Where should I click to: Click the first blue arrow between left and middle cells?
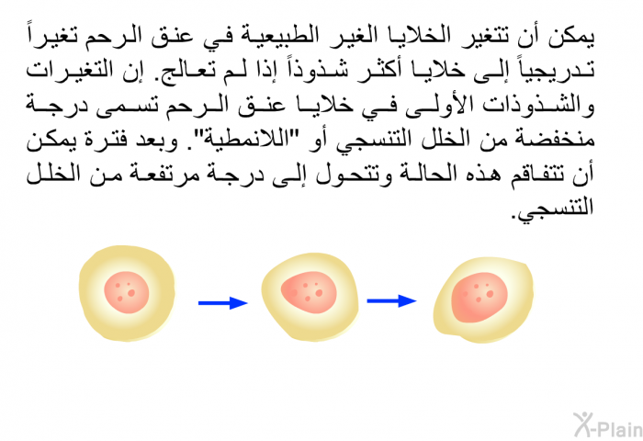pyautogui.click(x=222, y=303)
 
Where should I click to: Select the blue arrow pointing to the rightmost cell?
pyautogui.click(x=391, y=301)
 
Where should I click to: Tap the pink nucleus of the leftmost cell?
pyautogui.click(x=127, y=292)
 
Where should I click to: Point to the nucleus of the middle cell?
pyautogui.click(x=309, y=292)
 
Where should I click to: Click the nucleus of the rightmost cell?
pyautogui.click(x=479, y=297)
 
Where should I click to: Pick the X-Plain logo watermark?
pyautogui.click(x=607, y=425)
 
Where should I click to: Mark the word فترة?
pyautogui.click(x=95, y=140)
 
